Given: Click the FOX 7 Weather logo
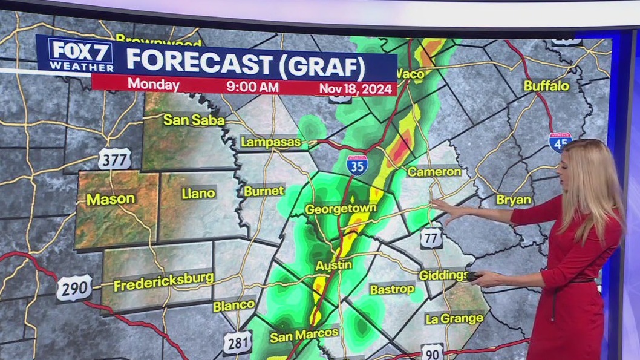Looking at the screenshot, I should (80, 56).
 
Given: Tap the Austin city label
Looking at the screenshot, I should (333, 265).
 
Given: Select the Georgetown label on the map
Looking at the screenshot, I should (341, 209).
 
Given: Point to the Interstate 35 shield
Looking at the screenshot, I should (358, 165).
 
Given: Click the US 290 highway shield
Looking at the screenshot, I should (74, 288).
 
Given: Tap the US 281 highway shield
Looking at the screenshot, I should (237, 342).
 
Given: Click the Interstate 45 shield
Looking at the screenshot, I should (560, 142).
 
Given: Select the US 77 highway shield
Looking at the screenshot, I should (431, 238).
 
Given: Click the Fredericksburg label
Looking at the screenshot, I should (163, 281).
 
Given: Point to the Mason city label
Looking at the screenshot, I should (109, 199).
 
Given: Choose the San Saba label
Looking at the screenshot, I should (194, 120).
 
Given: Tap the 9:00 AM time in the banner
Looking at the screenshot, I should (252, 87).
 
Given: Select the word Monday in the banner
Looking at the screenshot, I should (153, 85).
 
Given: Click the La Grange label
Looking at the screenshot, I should (454, 318).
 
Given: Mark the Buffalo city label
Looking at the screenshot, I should (546, 86).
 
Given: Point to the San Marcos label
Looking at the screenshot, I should (304, 337).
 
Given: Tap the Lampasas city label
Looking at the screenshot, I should (270, 142).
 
